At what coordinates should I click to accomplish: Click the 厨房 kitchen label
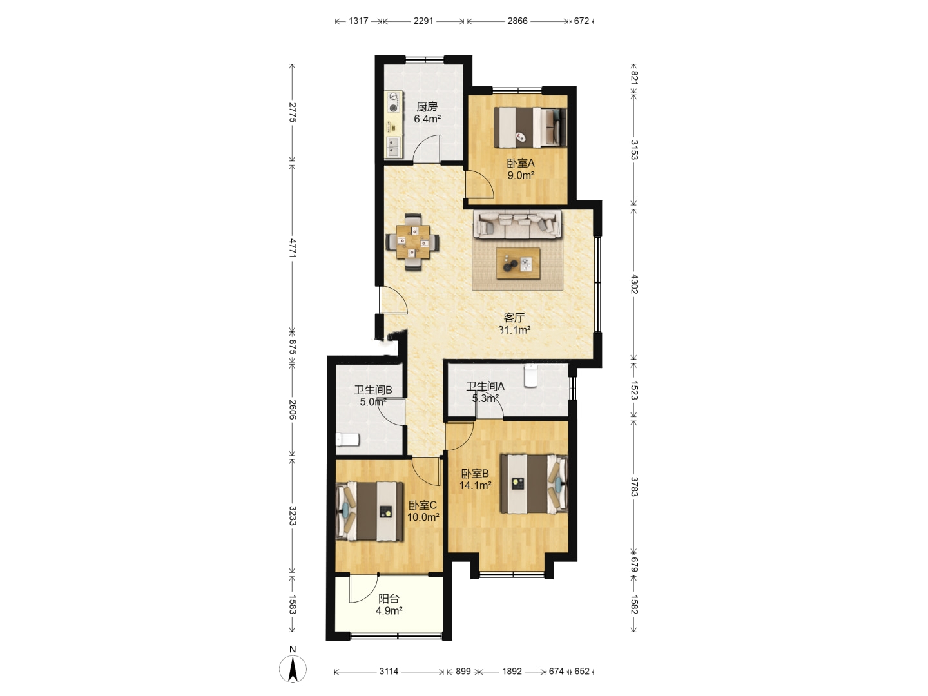pos(427,106)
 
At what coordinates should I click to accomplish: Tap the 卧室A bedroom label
pos(521,163)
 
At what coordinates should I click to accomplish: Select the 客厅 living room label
pos(514,318)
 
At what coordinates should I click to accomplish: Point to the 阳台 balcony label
pos(389,599)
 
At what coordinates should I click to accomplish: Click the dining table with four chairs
pos(412,242)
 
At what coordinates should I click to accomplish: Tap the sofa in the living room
pos(518,225)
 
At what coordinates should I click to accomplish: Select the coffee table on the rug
pos(518,264)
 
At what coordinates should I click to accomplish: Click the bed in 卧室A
pos(530,127)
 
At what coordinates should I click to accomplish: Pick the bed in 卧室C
pos(369,512)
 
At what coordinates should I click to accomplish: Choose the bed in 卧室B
pos(534,484)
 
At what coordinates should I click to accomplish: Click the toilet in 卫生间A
pos(530,376)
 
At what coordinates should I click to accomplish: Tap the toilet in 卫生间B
pos(347,440)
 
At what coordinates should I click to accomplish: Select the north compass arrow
pos(293,669)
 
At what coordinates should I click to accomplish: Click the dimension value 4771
pos(293,248)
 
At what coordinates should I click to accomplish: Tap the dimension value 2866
pos(517,21)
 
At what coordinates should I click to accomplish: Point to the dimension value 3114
pos(389,671)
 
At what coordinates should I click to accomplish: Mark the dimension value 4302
pos(634,284)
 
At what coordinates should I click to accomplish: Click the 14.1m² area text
pos(475,485)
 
